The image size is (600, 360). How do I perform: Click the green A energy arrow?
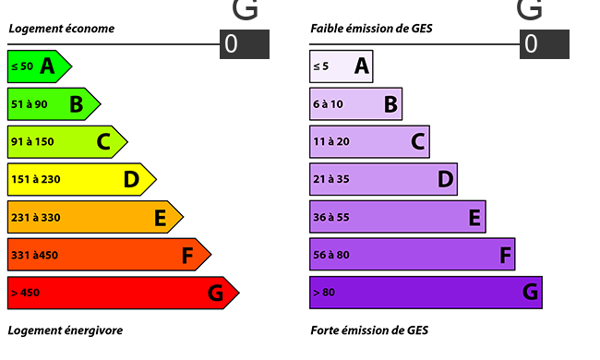coord(38,66)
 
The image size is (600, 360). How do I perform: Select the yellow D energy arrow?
coord(80,179)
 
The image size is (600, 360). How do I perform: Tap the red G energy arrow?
coord(123,293)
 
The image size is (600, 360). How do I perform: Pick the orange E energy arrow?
coord(94,217)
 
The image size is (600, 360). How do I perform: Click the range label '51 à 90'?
coord(30,104)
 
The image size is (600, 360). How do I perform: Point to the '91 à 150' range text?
coord(32,141)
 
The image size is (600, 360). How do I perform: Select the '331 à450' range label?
coord(34,255)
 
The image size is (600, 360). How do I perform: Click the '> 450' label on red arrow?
coord(25,293)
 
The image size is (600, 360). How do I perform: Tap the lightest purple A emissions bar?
coord(342,66)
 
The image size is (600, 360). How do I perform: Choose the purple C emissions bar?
coord(369,141)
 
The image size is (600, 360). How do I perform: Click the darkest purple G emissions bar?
coord(426,293)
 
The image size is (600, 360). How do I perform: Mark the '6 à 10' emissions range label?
coord(328,104)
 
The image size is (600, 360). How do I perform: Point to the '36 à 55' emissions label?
coord(331,217)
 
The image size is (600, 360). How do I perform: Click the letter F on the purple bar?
coord(505,255)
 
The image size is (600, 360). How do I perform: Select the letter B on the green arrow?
coord(77,104)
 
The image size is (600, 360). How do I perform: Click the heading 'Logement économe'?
coord(62,29)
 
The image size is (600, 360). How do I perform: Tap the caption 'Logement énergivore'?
coord(66,330)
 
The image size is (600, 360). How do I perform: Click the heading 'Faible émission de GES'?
coord(372,29)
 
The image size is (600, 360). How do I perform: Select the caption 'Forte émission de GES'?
coord(369,330)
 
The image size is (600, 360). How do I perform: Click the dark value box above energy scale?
coord(245,44)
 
